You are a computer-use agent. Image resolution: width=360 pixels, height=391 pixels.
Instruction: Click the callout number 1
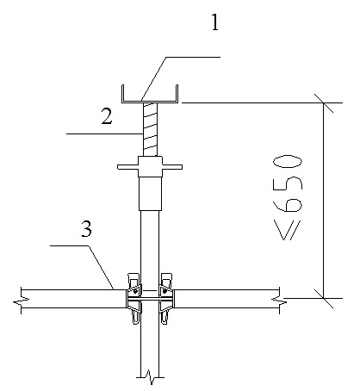point(215,22)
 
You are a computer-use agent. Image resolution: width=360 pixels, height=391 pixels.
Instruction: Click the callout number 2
point(107,116)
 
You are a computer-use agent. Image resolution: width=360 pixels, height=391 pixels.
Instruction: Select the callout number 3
point(86,229)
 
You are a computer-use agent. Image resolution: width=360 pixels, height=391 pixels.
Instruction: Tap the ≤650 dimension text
point(288,197)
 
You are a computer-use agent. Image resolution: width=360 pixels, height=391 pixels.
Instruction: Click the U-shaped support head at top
point(150,101)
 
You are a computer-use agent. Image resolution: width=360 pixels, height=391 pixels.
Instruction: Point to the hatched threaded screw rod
point(150,129)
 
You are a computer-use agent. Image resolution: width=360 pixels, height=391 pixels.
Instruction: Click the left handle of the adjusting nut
point(127,167)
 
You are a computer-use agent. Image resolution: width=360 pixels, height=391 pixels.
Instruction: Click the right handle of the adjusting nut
point(172,167)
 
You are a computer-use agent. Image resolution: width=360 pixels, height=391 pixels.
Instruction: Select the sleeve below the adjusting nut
point(150,194)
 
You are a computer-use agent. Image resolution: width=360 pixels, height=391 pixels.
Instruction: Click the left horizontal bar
point(73,299)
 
